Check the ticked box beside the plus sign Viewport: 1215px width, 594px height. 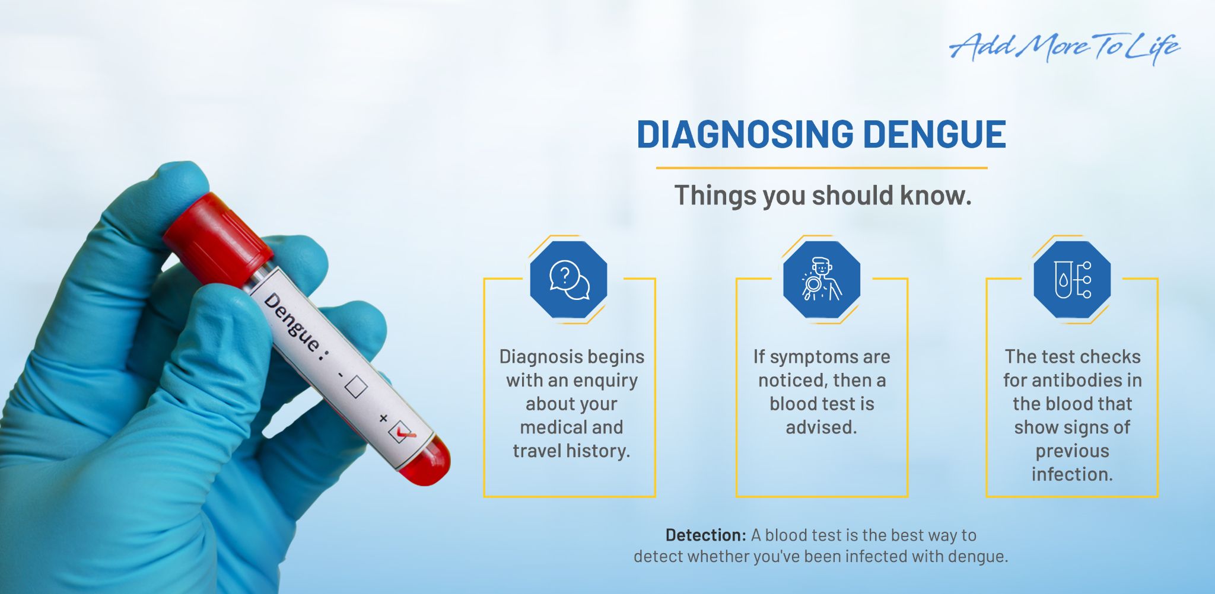[401, 432]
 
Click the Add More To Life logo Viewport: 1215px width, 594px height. [1064, 47]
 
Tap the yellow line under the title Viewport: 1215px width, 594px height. [822, 168]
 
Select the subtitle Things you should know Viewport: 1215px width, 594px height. [823, 195]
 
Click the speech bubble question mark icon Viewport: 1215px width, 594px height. [568, 279]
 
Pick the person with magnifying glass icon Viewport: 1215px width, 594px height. [821, 279]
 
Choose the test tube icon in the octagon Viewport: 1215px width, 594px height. [1072, 279]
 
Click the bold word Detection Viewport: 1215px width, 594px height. [705, 535]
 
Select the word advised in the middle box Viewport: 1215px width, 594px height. [822, 427]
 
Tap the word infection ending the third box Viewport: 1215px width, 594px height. [1072, 474]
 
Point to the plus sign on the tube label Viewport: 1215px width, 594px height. [383, 419]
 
